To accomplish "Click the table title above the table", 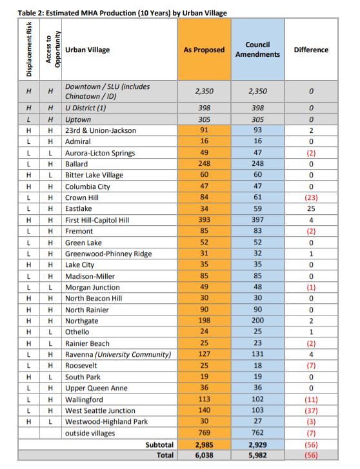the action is (122, 13).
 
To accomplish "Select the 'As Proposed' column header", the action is (204, 50).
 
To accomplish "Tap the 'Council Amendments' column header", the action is (257, 50).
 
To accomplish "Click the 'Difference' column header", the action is (311, 50).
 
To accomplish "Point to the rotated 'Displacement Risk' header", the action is (29, 49).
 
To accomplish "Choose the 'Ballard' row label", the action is (76, 164).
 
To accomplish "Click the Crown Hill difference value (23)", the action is (311, 197).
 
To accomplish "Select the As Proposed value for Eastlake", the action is (204, 208).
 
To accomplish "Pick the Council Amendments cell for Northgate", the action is (257, 321).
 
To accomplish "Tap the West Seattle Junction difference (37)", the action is (311, 411).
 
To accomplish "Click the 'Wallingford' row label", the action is (84, 399).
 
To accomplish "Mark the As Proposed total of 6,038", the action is (204, 455).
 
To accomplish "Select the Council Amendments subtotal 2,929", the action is (257, 444).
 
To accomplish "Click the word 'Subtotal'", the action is (159, 444).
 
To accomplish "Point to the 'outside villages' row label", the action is (90, 433).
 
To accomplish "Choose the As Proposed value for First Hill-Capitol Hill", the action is (204, 220).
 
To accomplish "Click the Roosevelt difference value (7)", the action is (311, 366).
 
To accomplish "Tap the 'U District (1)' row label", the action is (86, 108).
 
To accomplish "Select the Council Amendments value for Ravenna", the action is (257, 354).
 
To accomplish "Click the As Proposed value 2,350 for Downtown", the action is (204, 91).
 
